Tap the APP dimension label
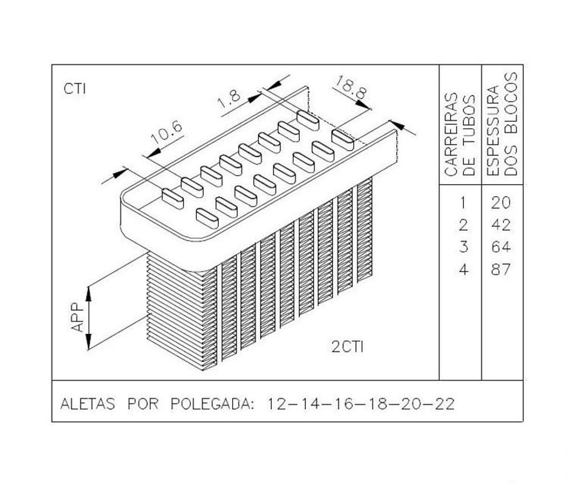[x=77, y=317]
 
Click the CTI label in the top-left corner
[x=75, y=89]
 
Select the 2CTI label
[x=348, y=347]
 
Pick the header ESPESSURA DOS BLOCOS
[x=502, y=124]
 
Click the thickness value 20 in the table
[x=500, y=203]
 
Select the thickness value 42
[x=500, y=225]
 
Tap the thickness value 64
[x=500, y=247]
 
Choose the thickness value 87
[x=500, y=270]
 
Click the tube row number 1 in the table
[x=463, y=203]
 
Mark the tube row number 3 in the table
[x=463, y=247]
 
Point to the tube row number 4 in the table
[x=463, y=270]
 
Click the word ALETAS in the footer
[x=88, y=404]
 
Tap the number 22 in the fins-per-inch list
[x=444, y=404]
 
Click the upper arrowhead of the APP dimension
[x=89, y=294]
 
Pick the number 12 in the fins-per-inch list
[x=278, y=404]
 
